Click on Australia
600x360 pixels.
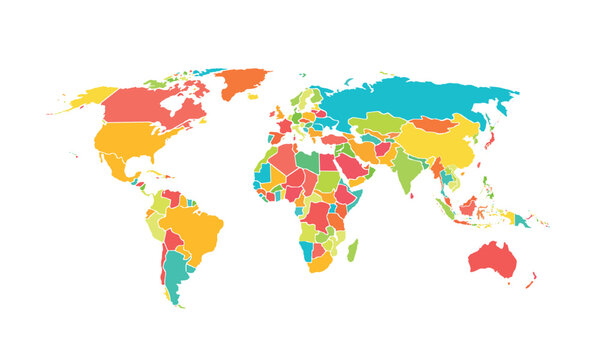(x=492, y=258)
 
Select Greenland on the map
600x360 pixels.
(x=244, y=82)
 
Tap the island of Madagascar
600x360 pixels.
(x=352, y=249)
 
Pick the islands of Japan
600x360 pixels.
(x=491, y=141)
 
